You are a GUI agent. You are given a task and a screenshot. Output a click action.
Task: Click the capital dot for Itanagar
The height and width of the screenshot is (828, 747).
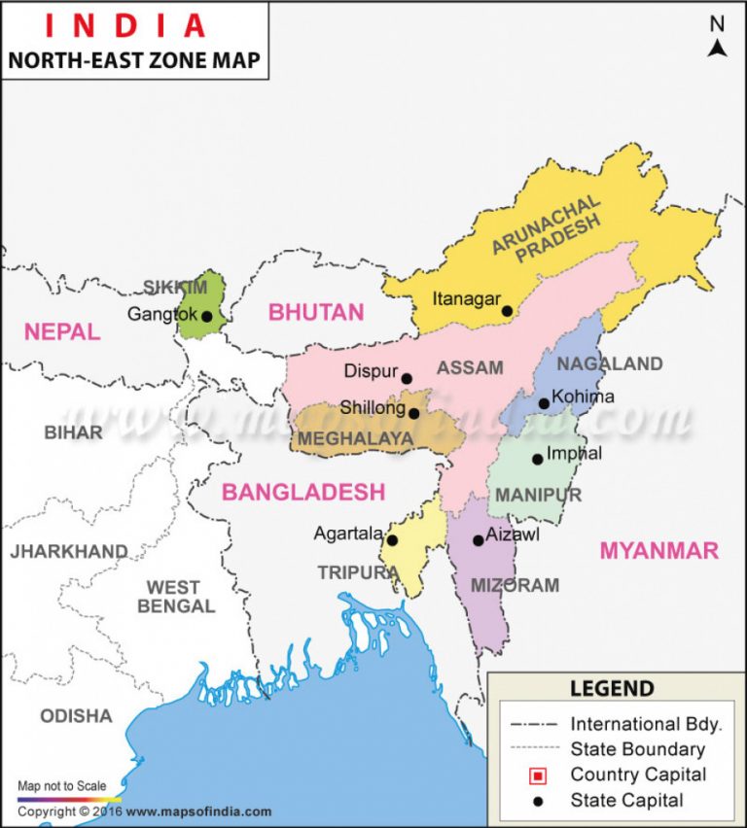[x=507, y=311]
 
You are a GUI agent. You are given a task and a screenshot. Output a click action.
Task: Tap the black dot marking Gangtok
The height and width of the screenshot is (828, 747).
[x=206, y=316]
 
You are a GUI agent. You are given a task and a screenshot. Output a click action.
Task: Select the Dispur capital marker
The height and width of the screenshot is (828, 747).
[x=407, y=379]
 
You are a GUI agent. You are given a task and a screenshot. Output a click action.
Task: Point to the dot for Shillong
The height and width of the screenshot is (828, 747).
[x=414, y=413]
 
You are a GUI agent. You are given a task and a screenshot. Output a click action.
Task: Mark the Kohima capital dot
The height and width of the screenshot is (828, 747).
[x=544, y=403]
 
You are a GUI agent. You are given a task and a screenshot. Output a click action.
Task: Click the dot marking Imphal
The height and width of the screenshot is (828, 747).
[x=537, y=459]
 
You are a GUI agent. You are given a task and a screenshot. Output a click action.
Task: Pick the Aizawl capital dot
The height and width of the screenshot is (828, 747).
[x=478, y=540]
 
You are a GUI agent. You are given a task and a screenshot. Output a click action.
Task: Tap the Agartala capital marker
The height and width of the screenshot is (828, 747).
[x=393, y=540]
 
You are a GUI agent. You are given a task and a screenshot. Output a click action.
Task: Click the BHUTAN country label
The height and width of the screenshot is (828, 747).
[x=316, y=312]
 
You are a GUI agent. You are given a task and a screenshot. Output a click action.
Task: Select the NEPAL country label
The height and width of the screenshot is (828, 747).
[x=62, y=331]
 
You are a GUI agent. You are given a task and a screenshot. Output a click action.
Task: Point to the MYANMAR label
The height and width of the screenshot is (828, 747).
[x=658, y=550]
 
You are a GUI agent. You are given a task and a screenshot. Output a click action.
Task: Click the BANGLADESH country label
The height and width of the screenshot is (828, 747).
[x=303, y=492]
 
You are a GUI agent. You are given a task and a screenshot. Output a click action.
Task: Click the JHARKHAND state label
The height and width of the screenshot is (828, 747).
[x=68, y=552]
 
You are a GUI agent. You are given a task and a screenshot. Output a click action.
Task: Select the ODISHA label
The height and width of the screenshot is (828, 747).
[x=76, y=716]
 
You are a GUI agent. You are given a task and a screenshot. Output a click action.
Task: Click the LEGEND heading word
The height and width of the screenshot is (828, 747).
[x=612, y=689]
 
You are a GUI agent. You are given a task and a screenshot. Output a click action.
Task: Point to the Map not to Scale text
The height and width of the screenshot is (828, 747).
[x=62, y=785]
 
